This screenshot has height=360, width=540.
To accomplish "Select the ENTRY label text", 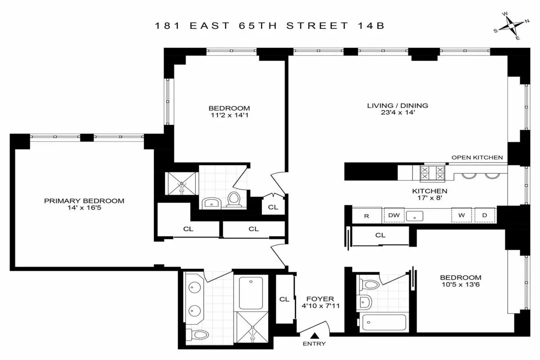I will point(315,344).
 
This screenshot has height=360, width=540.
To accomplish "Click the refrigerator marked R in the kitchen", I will point(367,216).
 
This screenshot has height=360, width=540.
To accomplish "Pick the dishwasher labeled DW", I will point(394,216).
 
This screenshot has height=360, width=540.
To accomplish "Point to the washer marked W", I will point(462,216).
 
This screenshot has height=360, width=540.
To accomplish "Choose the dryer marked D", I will point(485,216).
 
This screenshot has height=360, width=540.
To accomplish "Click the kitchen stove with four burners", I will point(426,172).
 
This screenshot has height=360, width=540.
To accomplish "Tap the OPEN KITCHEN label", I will point(477,157).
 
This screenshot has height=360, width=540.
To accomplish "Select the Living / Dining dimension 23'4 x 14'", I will point(397,113).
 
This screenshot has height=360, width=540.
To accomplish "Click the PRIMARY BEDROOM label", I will point(84,201).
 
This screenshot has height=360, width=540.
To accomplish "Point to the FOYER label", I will point(320,298).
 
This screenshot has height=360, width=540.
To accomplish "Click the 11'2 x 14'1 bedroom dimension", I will point(229,116).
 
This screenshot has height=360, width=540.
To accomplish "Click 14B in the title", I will point(374,26).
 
